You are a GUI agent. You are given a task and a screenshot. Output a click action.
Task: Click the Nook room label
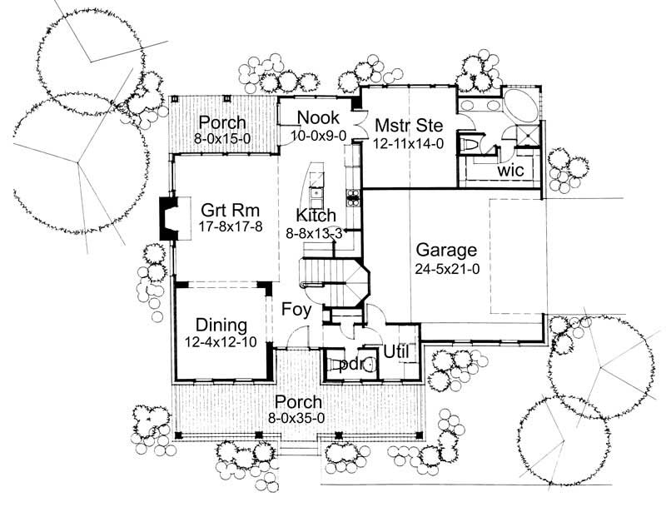pyautogui.click(x=317, y=117)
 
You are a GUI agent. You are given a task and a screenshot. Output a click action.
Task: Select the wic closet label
pyautogui.click(x=509, y=170)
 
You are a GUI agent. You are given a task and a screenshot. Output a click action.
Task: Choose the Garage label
pyautogui.click(x=446, y=251)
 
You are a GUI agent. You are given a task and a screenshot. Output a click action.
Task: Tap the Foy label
pyautogui.click(x=296, y=311)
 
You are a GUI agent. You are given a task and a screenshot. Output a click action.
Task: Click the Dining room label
pyautogui.click(x=221, y=325)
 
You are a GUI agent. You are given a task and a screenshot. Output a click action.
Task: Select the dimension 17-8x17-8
pyautogui.click(x=221, y=226)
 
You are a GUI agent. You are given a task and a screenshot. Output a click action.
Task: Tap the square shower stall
pyautogui.click(x=525, y=136)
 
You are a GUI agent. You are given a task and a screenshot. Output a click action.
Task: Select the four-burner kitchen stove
pyautogui.click(x=353, y=198)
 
